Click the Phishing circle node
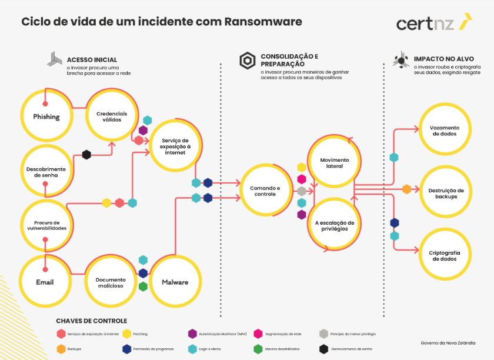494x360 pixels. (x=46, y=116)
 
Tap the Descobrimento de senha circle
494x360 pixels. (x=46, y=171)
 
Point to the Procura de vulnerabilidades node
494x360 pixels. (x=46, y=225)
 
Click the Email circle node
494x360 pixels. (x=45, y=282)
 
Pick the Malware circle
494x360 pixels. (x=175, y=282)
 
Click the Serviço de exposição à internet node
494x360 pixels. (x=175, y=146)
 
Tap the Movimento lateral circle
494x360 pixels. (x=334, y=163)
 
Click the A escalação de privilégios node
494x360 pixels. (x=334, y=226)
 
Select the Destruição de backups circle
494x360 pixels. (x=445, y=193)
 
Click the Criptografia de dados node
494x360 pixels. (x=445, y=255)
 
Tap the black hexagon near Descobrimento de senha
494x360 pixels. (x=86, y=155)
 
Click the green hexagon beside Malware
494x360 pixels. (x=143, y=286)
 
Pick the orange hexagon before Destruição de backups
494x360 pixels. (x=406, y=189)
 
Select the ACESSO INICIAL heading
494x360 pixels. (x=92, y=59)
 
